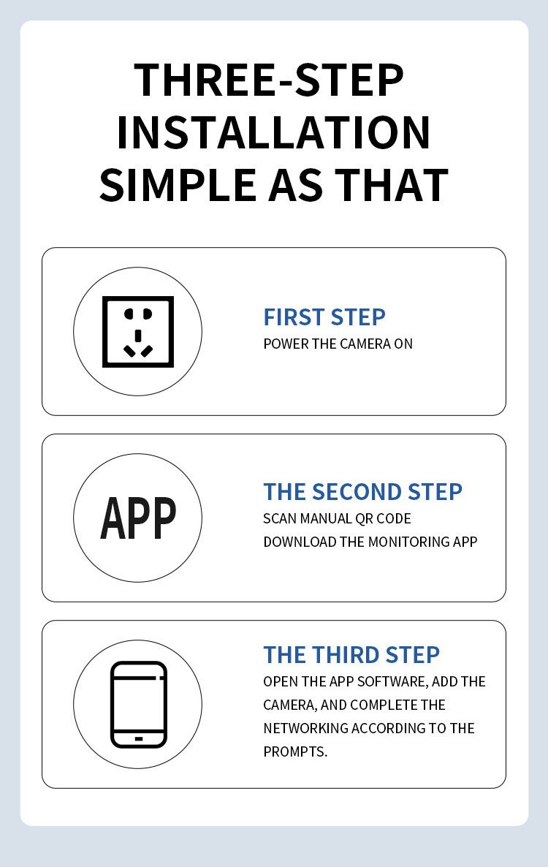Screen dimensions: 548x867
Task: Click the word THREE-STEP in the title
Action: (x=268, y=80)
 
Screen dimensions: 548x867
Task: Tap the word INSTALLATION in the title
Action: (x=273, y=133)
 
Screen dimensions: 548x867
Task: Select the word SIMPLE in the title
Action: (x=178, y=185)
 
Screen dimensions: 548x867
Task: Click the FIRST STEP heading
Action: (x=324, y=317)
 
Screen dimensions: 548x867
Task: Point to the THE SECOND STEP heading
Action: (x=363, y=492)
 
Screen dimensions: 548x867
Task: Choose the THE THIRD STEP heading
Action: (x=351, y=655)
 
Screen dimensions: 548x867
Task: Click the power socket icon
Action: (x=138, y=332)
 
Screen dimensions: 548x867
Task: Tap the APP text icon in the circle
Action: (x=138, y=518)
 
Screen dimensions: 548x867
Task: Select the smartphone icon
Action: (x=139, y=705)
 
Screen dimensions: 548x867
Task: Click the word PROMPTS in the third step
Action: (x=295, y=752)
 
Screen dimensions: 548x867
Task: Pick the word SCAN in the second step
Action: (x=280, y=518)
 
